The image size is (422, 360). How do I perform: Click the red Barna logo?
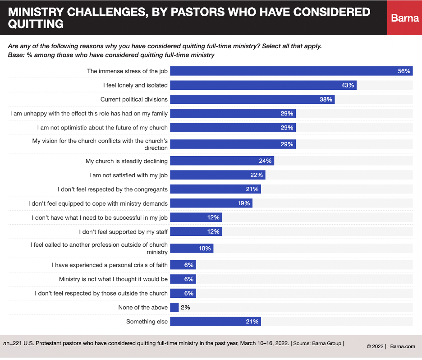click(x=404, y=18)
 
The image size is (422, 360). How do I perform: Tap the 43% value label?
click(x=348, y=85)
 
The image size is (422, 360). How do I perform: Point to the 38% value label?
click(x=326, y=99)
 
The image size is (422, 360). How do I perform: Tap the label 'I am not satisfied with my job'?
click(x=128, y=175)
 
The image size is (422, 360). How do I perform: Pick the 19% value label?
click(x=244, y=203)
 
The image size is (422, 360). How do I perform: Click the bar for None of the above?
click(x=174, y=308)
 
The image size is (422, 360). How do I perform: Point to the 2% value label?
click(x=185, y=308)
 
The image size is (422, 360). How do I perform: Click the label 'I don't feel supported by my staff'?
click(x=123, y=232)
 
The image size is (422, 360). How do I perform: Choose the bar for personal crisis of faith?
click(x=182, y=265)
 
